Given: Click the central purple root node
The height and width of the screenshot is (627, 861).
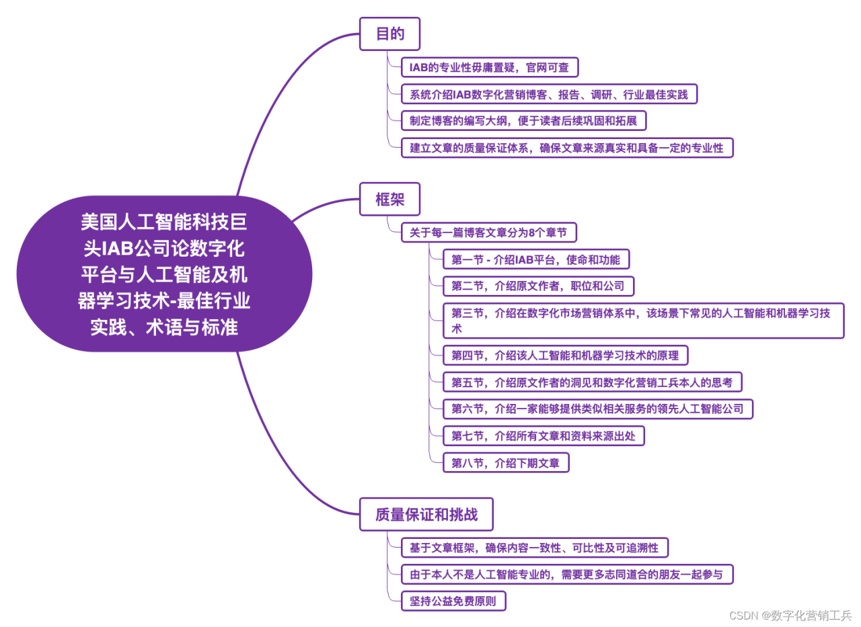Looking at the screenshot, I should point(164,274).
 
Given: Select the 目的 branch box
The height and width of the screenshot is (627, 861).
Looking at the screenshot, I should point(389,34).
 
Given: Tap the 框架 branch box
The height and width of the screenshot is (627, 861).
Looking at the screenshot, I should point(389,200).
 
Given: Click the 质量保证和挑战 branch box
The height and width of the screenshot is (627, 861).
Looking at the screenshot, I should point(426,515).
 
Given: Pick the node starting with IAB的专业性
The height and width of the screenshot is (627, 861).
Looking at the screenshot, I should point(489,67).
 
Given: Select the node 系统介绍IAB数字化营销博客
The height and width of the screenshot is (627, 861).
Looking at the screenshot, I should point(548,94).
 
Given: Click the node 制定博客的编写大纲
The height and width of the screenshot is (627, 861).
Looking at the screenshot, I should point(523,121).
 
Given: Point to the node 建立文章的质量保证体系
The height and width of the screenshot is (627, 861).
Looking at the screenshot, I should point(566,148).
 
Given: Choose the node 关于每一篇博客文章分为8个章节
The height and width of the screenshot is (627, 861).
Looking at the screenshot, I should point(488,233).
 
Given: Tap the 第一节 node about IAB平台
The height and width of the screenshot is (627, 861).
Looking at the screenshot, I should point(536,259).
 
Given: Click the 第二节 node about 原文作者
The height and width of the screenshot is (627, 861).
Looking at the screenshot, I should point(538,286).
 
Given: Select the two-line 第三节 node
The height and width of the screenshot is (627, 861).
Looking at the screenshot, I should point(643,321).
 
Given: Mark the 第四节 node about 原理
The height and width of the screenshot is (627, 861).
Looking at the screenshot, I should point(565,356).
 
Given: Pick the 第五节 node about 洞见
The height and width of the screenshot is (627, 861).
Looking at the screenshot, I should point(592,382).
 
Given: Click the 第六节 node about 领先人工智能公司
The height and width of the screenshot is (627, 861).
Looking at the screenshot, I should point(597,409).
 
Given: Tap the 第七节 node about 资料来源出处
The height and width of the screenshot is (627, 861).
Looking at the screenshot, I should point(544,436).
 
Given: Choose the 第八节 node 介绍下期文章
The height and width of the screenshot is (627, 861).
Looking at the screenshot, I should point(506,463).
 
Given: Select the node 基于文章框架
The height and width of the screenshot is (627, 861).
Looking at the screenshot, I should point(534,548).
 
